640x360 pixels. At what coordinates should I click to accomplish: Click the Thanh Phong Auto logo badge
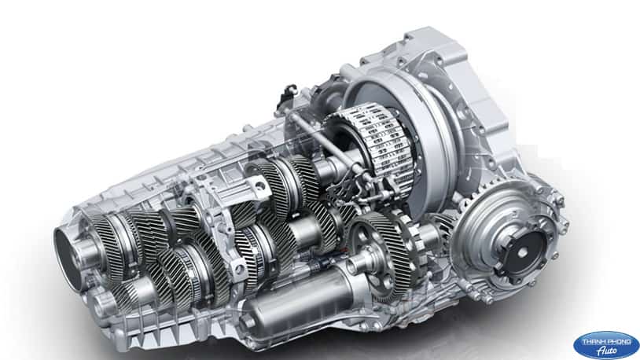point(606,345)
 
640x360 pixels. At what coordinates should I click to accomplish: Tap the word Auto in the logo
point(607,351)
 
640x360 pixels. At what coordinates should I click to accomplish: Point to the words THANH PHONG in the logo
point(606,341)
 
